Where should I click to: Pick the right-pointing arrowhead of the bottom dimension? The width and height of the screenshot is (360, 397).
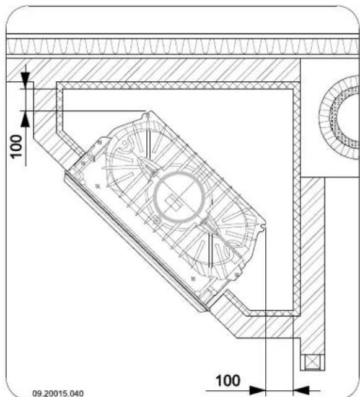point(258,390)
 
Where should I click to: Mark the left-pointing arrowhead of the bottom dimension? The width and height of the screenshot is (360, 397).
point(302,390)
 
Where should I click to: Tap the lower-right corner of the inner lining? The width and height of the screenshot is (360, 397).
point(296,311)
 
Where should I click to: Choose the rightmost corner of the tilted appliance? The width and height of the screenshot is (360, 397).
point(266,225)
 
